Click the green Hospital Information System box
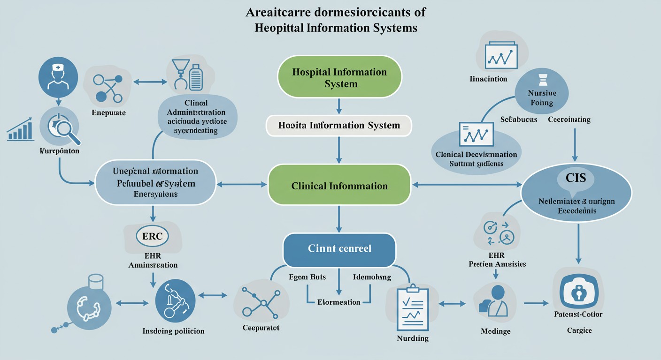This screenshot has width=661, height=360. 339,77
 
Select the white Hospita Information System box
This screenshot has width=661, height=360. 338,126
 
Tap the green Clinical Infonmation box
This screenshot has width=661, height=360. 339,186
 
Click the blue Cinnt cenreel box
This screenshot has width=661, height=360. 339,248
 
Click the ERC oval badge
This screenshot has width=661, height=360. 152,236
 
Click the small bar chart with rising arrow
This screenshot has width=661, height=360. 20,131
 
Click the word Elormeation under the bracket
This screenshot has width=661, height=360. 338,302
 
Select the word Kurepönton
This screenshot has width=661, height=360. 59,151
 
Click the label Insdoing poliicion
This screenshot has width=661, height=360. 173,331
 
